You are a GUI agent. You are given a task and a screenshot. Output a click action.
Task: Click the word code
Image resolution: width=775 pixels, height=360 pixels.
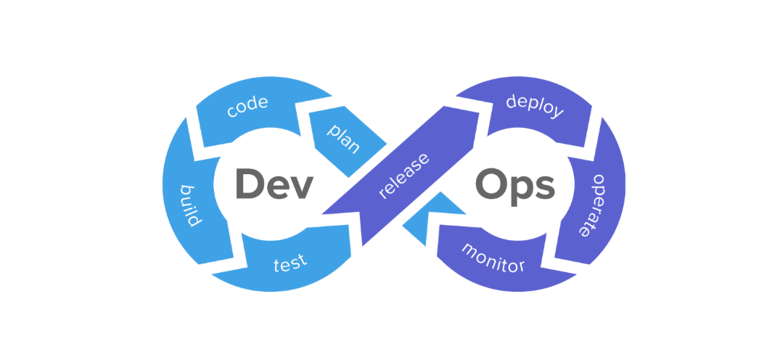click(247, 107)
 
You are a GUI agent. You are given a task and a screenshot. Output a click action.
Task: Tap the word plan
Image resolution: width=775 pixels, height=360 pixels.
click(343, 138)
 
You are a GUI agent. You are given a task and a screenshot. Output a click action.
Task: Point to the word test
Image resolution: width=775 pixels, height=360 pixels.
click(290, 262)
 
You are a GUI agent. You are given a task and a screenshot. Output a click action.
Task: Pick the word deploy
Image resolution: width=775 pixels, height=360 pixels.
click(535, 107)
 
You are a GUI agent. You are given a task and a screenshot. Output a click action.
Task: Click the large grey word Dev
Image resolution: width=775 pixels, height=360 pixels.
click(274, 184)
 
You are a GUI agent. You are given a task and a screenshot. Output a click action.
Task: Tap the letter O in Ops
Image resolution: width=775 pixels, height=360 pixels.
click(491, 184)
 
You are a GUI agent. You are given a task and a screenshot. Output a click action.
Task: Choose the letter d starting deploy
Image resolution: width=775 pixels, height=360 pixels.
click(512, 102)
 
